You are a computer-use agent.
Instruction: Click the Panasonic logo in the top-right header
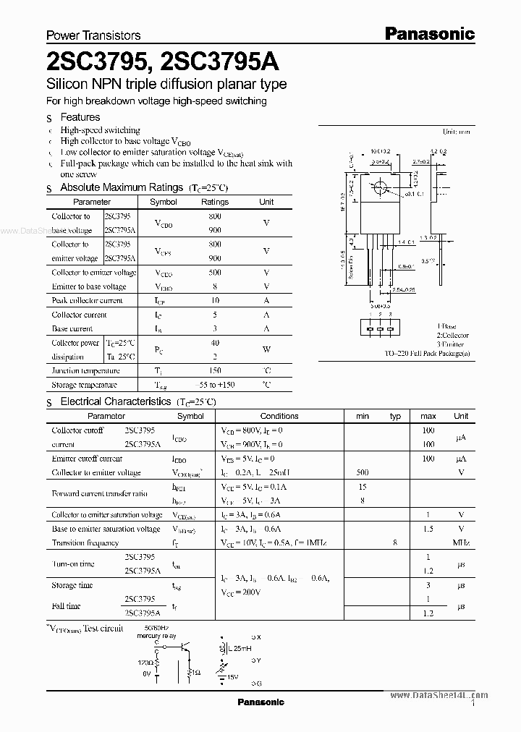pos(428,33)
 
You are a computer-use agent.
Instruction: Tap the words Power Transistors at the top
pos(93,35)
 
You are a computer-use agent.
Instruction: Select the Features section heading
pos(80,117)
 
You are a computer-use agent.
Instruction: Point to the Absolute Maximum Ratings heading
pos(121,187)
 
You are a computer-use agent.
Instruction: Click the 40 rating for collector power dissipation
pos(214,343)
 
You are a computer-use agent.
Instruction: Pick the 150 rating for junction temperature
pos(214,371)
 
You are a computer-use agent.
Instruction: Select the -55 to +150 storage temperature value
pos(214,386)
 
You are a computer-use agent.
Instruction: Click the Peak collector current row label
pos(88,301)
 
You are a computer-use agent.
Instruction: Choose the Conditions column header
pos(279,416)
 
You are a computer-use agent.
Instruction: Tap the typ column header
pos(395,416)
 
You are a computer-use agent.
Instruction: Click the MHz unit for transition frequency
pos(461,542)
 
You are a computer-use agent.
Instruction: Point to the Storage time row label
pos(72,585)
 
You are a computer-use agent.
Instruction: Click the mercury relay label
pos(159,637)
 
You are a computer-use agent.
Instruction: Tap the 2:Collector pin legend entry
pos(452,336)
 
